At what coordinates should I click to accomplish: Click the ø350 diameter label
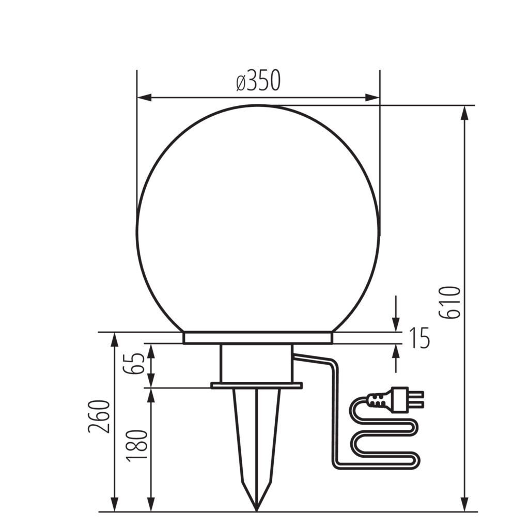point(258,81)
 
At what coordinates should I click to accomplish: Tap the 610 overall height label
point(449,302)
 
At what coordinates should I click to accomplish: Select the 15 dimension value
point(419,338)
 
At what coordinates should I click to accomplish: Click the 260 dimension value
point(99,416)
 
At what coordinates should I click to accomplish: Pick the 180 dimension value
point(136,446)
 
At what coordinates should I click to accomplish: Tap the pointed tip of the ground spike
point(257,510)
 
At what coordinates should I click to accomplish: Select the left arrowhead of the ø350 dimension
point(144,98)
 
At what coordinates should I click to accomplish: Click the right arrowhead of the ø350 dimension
point(373,98)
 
